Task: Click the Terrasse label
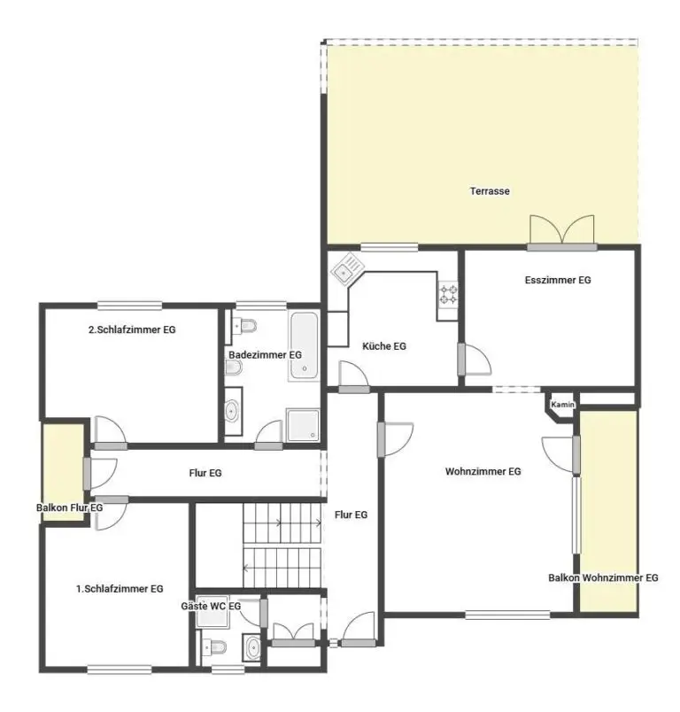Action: point(490,191)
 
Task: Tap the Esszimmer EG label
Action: point(558,280)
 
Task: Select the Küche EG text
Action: point(384,346)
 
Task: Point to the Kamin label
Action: point(562,404)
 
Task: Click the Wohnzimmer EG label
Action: point(483,471)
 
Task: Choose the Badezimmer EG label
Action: point(265,355)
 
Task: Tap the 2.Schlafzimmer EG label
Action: point(132,329)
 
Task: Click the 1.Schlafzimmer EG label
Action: point(120,589)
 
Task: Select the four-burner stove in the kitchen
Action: point(448,293)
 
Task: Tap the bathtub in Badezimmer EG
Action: point(304,345)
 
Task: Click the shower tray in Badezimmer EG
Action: point(303,425)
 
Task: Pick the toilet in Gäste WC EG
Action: point(214,646)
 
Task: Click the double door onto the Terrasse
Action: point(562,232)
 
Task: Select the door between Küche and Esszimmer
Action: point(475,360)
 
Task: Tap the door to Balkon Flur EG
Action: point(100,475)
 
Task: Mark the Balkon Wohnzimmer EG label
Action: point(603,578)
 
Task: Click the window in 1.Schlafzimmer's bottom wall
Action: point(120,669)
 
